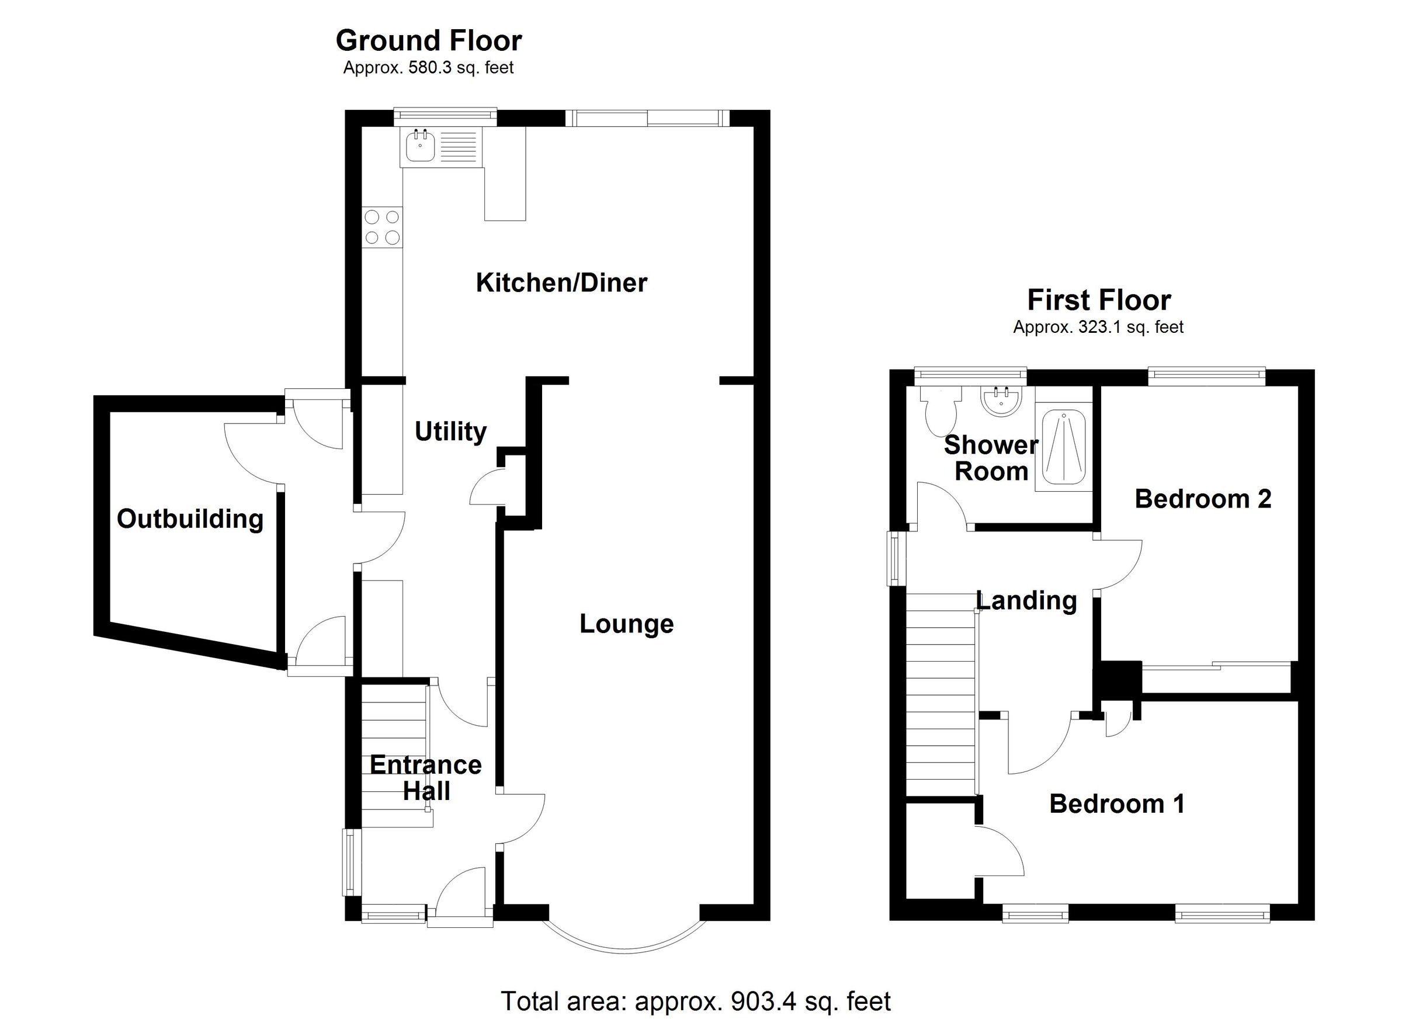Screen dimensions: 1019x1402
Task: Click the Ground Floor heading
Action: point(428,41)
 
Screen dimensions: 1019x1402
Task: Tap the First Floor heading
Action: point(1098,300)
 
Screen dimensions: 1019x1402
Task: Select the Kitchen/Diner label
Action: point(561,283)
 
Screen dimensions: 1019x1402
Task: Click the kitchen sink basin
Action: point(421,148)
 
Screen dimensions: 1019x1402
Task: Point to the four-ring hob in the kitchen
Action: point(382,227)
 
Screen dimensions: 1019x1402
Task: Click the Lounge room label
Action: point(626,624)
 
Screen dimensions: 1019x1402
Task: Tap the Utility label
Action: point(450,432)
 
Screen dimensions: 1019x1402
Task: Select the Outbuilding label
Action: point(190,519)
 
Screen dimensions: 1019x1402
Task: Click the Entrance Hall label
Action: point(425,778)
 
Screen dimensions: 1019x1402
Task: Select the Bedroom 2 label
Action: point(1202,499)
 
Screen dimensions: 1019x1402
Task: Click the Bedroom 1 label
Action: point(1116,804)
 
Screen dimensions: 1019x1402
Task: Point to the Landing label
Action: point(1026,601)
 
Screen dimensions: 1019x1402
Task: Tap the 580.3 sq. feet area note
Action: point(428,67)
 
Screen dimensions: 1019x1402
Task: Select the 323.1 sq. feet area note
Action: point(1098,327)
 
